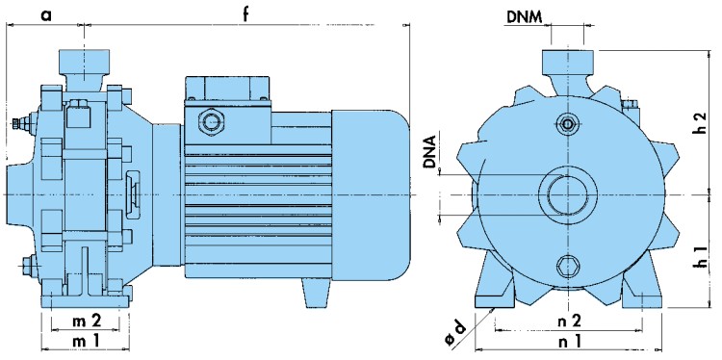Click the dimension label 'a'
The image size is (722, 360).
(x=45, y=14)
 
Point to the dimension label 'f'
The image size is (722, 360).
(x=245, y=13)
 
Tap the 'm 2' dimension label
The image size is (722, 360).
(x=87, y=321)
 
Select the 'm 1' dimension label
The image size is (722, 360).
(x=86, y=341)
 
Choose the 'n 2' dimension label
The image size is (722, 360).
(x=569, y=321)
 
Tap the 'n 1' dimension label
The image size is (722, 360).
(x=569, y=341)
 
